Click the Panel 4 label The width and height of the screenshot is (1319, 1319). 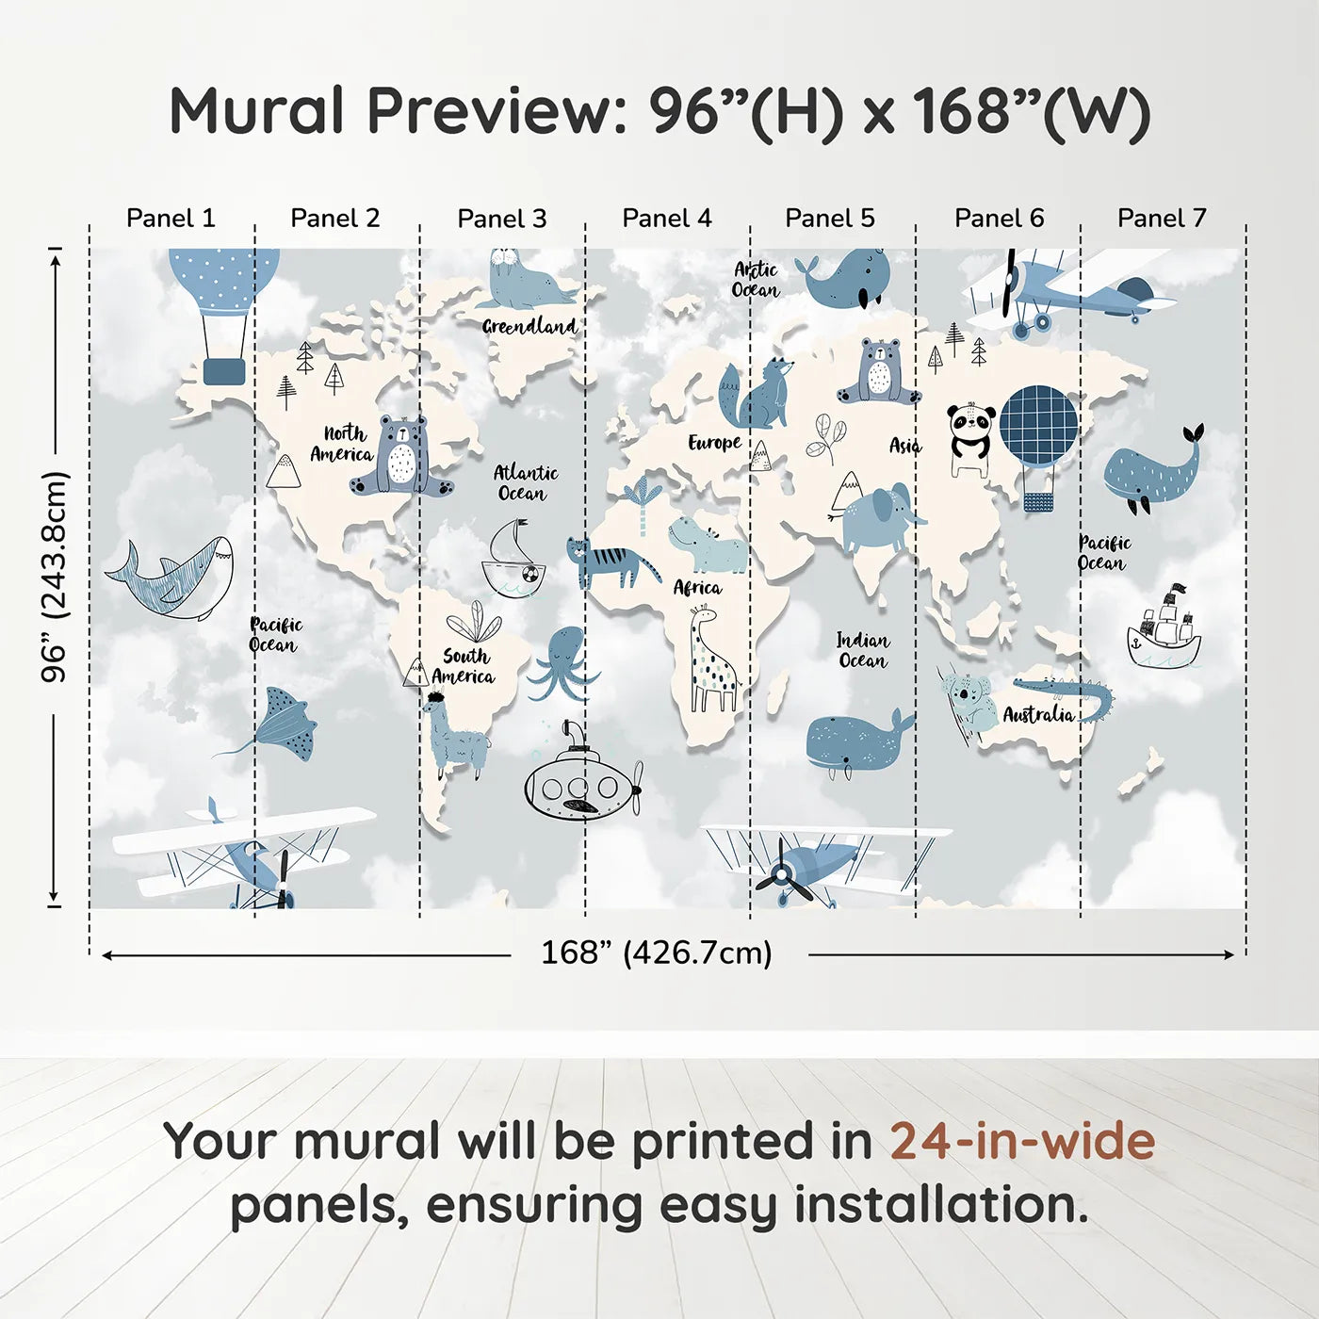coord(666,219)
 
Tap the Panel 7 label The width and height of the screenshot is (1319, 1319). coord(1162,219)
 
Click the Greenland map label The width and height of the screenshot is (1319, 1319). coord(529,327)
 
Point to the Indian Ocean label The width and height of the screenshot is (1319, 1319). coord(862,650)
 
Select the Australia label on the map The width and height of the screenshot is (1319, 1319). coord(1038,714)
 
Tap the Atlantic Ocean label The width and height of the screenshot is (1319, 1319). coord(525,482)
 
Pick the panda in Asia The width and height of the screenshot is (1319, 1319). coord(969,438)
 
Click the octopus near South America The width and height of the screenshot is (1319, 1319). coord(562,662)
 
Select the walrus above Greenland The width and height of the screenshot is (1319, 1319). coord(524,280)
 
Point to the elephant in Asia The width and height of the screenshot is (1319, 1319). coord(877,518)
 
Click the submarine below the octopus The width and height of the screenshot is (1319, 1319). coord(581,779)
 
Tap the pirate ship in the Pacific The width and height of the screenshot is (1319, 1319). coord(1164,631)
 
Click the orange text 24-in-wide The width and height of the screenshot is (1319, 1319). coord(1021,1141)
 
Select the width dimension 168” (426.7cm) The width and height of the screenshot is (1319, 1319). coord(656,953)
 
